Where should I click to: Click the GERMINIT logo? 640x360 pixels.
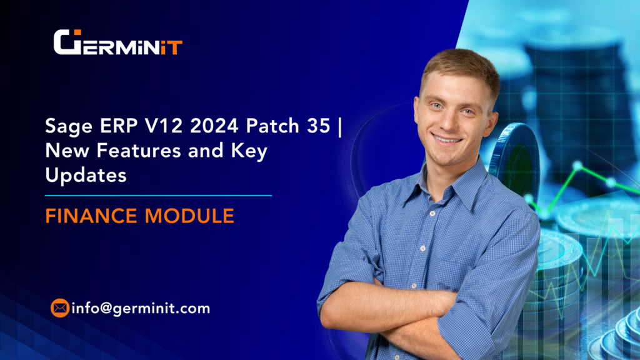[117, 42]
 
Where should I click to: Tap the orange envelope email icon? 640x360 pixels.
[60, 308]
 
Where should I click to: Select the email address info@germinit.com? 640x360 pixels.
[141, 308]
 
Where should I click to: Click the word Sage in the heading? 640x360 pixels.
[62, 127]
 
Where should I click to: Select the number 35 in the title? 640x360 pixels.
[318, 127]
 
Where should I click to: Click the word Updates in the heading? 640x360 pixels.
[86, 176]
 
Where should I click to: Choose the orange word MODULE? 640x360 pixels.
[191, 216]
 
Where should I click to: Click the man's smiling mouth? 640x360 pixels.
[447, 140]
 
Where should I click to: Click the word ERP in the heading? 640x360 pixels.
[110, 127]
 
